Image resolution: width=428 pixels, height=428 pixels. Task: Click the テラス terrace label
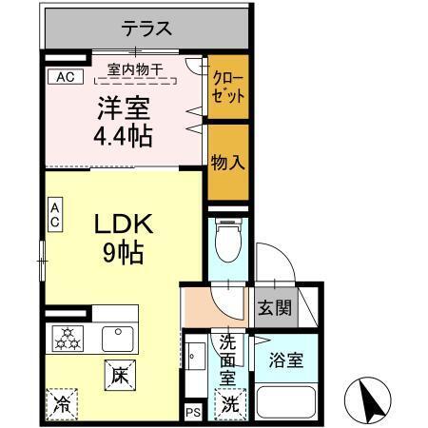146,29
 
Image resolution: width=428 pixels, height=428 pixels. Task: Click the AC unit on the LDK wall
55,215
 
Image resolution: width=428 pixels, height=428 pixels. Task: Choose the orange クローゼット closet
228,88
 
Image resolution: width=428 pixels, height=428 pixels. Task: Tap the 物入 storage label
228,162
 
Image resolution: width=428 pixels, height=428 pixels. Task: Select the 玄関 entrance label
275,308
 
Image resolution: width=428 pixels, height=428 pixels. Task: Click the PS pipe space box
193,412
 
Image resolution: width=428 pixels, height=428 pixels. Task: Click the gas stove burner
68,338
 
